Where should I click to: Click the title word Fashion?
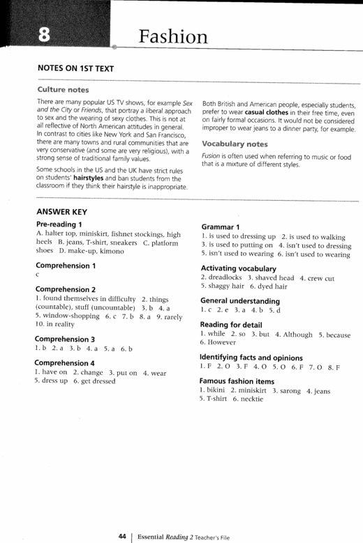pos(172,36)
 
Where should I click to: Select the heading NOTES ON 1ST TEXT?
pos(74,69)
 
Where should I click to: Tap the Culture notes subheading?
pos(63,90)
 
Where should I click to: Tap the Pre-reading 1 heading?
pos(63,224)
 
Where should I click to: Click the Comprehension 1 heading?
pos(66,266)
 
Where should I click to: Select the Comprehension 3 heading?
pos(66,338)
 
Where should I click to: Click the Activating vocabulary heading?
pos(238,268)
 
